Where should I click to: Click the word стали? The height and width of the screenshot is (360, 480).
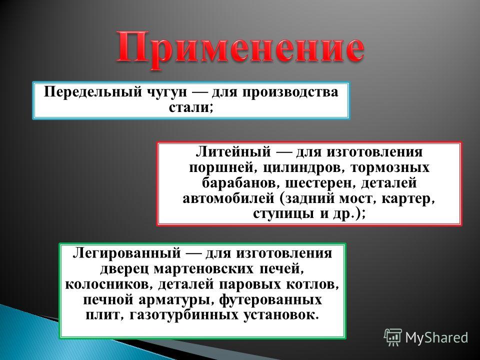[188, 107]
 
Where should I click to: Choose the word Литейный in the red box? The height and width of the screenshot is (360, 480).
[233, 151]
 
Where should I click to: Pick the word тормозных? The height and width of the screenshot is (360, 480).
[390, 168]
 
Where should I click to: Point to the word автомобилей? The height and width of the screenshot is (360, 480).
[228, 198]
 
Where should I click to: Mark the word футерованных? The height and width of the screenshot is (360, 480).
[270, 299]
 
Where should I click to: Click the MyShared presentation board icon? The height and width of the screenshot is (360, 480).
[393, 337]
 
